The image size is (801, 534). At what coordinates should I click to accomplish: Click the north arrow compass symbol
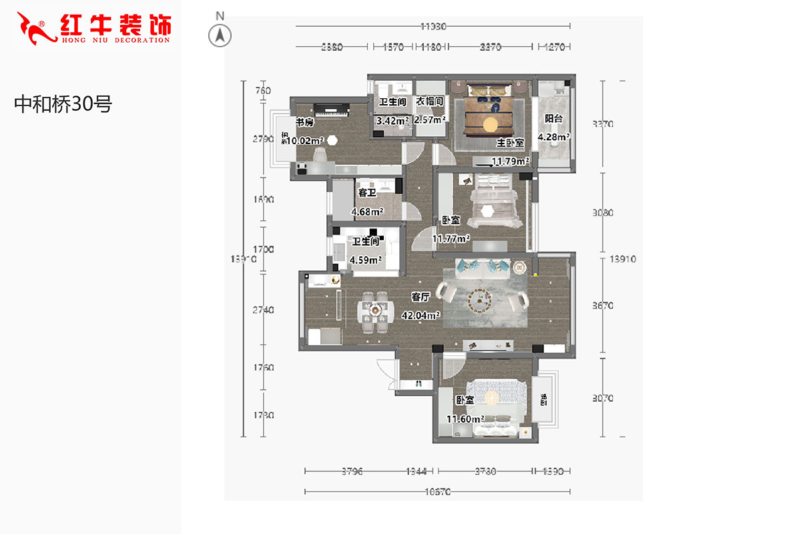220,35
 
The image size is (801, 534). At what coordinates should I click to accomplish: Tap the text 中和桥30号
63,103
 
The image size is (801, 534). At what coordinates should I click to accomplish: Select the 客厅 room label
420,297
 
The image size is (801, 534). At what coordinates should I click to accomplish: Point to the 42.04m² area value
420,315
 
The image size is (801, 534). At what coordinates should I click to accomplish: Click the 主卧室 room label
510,143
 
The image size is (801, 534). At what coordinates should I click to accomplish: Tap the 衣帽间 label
430,101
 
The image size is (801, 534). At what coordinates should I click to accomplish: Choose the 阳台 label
553,118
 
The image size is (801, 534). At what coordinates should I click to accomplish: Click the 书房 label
304,122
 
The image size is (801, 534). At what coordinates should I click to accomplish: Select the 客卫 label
367,193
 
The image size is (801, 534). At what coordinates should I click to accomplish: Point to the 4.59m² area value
366,260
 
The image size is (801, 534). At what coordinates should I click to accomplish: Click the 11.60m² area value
465,419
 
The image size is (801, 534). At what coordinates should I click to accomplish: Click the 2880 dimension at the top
332,47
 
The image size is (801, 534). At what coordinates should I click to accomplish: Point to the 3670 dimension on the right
603,306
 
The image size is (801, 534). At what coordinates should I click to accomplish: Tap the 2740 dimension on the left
264,310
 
